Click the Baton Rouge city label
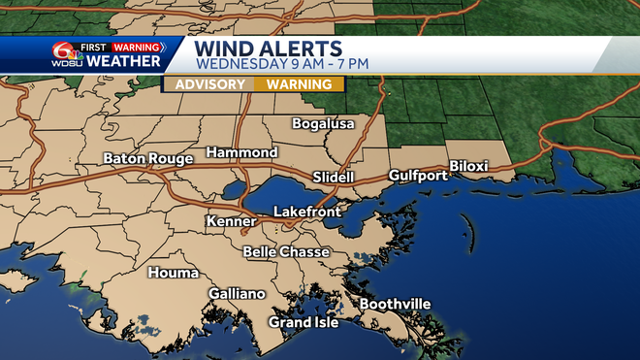coord(149,159)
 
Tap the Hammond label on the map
coord(241,153)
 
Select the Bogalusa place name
coord(324,124)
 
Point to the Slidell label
coord(334,177)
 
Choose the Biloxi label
coord(468,166)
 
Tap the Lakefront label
coord(305,211)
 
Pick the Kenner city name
coord(231,222)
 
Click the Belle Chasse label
coord(286,252)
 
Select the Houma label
coord(173,273)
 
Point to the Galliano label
coord(237,294)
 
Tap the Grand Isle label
coord(304,322)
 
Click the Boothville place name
coord(395,305)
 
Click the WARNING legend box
coord(300,84)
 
